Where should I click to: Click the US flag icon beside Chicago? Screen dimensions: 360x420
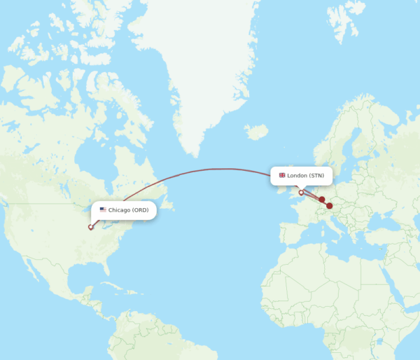tap(103, 210)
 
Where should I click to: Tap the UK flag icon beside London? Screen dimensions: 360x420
tap(282, 175)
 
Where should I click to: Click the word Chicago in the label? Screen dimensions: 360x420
tap(119, 210)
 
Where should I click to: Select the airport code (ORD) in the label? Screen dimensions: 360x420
tap(141, 210)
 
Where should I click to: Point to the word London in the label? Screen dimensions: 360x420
tap(297, 175)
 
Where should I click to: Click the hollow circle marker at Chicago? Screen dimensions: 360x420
tap(90, 226)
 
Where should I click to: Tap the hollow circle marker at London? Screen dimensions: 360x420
tap(301, 192)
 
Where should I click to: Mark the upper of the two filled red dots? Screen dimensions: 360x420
tap(322, 200)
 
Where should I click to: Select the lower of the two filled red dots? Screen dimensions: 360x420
tap(329, 206)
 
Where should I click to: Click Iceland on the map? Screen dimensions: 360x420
tap(256, 131)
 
